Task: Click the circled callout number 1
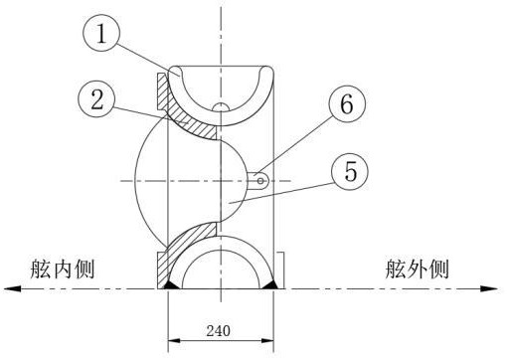pos(100,33)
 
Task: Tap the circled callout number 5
pos(350,171)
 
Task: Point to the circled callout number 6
pos(347,103)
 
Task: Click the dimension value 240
pos(218,330)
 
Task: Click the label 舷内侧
pos(63,270)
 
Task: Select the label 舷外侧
pos(417,270)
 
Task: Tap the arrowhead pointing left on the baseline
pos(12,288)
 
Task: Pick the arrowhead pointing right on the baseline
pos(489,288)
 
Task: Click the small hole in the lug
pos(260,181)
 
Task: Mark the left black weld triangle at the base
pos(172,284)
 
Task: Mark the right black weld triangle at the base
pos(270,284)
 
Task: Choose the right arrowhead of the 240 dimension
pos(267,340)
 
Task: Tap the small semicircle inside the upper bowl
pos(221,106)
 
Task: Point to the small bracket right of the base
pos(280,270)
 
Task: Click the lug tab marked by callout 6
pos(257,181)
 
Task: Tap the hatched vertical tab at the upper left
pos(162,92)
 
